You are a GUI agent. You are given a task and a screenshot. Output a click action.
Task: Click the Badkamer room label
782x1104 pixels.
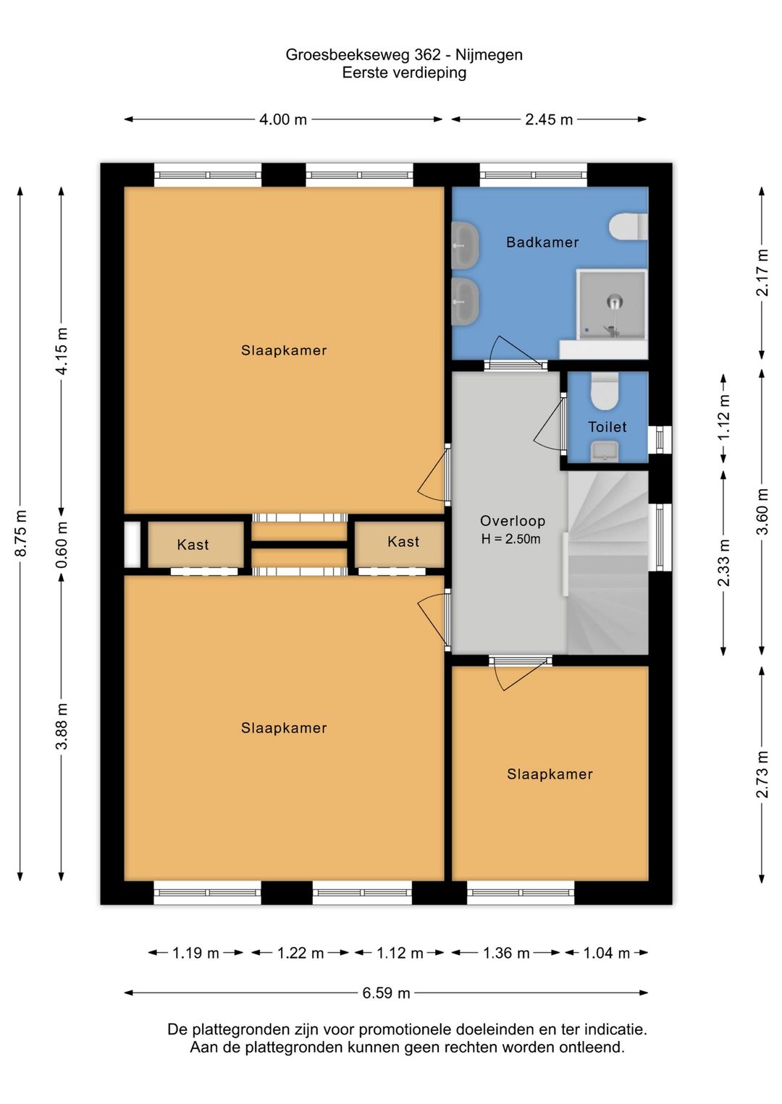tap(542, 242)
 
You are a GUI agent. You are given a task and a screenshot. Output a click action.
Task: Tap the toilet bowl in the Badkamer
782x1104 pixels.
tap(627, 226)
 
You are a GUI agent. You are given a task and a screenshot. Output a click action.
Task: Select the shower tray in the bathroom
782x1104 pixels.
tap(612, 305)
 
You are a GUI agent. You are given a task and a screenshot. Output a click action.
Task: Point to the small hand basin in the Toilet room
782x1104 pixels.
tap(605, 452)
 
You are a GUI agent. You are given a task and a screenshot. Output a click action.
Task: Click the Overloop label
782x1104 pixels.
tap(513, 521)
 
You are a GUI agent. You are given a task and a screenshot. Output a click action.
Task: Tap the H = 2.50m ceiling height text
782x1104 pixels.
tap(510, 539)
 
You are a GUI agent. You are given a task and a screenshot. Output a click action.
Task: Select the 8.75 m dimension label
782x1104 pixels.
tap(21, 534)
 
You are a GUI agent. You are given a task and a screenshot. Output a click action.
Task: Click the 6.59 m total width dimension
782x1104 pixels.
tap(387, 993)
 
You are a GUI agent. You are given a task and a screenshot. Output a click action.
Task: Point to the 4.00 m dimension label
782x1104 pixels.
tap(283, 119)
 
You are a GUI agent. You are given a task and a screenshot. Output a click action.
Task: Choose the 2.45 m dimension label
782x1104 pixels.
tap(549, 119)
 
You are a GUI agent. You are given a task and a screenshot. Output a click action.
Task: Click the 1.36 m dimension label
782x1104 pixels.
tap(506, 953)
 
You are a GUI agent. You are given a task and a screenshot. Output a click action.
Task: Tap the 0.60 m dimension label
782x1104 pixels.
tap(62, 545)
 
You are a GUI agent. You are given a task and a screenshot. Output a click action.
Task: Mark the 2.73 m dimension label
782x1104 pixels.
tap(762, 774)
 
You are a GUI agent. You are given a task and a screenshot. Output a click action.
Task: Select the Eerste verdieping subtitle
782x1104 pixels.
tap(404, 73)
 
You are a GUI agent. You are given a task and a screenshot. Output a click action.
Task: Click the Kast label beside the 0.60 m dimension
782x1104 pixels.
tap(193, 545)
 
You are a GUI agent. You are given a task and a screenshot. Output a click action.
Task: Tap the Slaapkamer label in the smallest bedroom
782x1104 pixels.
tap(550, 774)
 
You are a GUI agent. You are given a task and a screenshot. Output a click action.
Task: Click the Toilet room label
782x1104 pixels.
tap(607, 427)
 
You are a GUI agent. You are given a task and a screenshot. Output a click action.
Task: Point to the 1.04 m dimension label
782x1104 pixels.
tap(606, 953)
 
